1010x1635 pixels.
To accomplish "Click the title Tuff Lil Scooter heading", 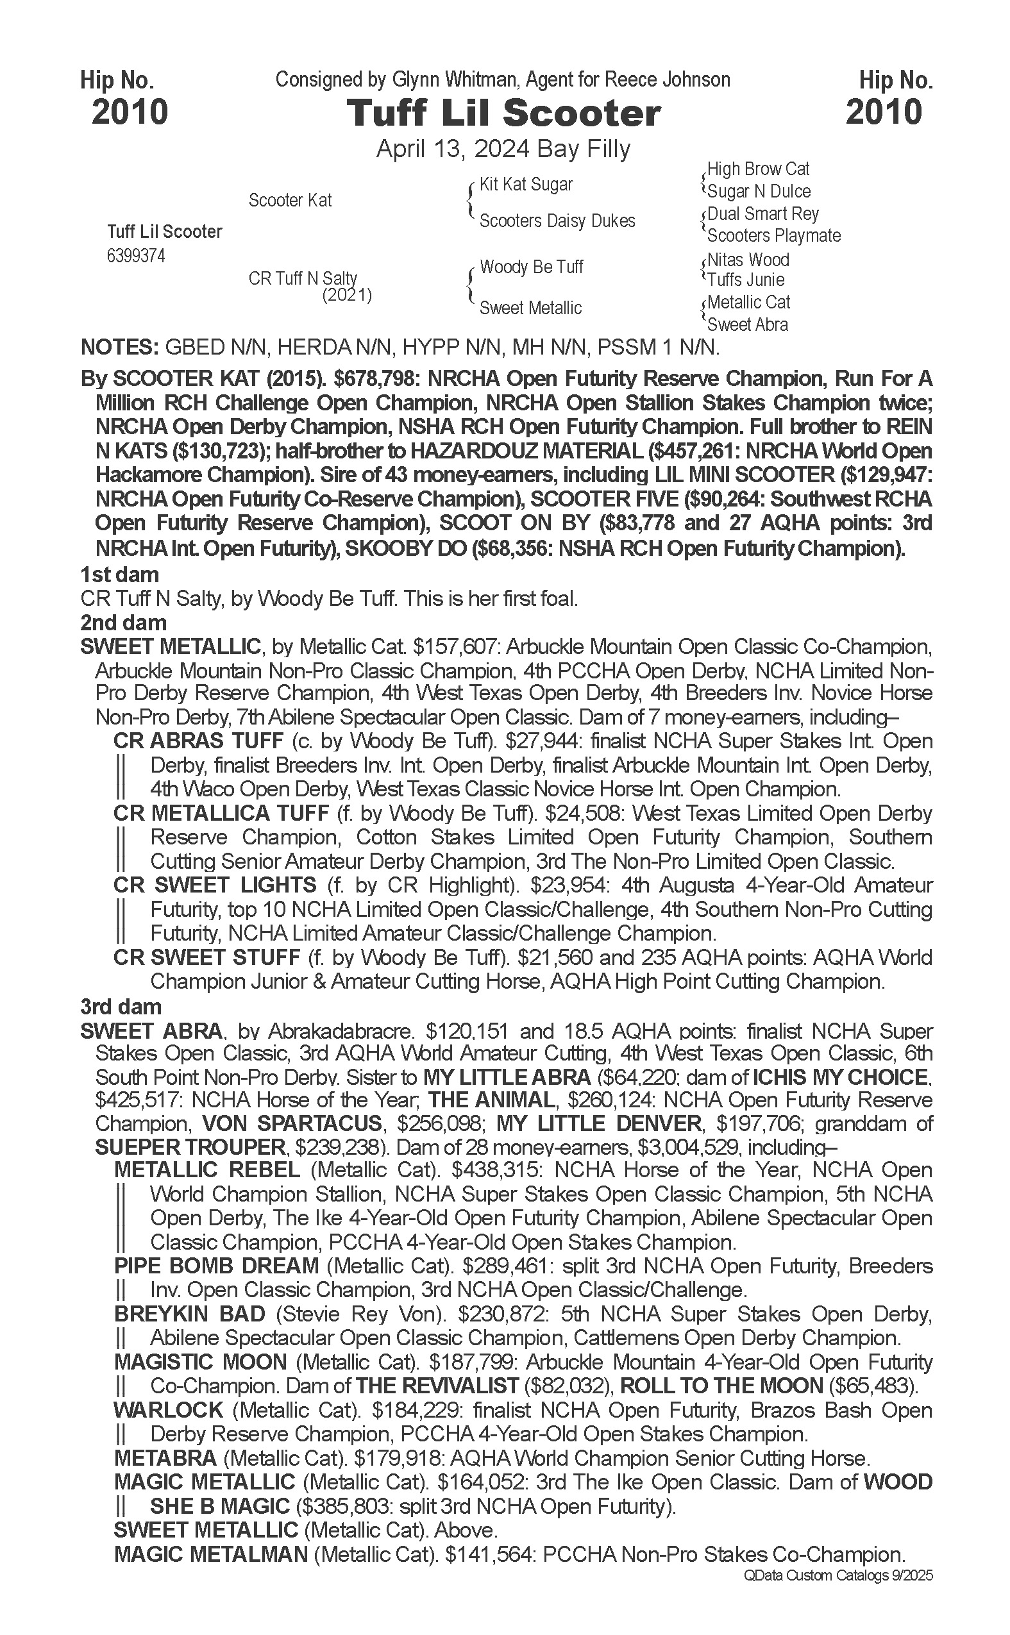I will coord(503,113).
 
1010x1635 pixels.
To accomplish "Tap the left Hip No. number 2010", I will coord(130,112).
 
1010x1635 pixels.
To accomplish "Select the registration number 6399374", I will coord(136,256).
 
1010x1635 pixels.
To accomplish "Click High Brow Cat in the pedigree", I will coord(758,169).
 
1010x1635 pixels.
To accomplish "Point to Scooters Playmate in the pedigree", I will coord(773,236).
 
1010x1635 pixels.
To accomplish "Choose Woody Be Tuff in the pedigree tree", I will coord(531,267).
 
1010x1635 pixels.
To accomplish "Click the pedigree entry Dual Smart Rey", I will coord(763,214).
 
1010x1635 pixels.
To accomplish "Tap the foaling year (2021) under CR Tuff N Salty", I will coord(347,294).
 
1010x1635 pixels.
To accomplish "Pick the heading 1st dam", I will coord(119,574).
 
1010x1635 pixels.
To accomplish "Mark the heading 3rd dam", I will coord(121,1007).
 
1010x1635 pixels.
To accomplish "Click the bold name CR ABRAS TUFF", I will coord(198,741).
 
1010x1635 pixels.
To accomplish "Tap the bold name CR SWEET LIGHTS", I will coord(214,885).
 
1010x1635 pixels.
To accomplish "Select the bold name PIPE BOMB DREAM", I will coord(217,1266).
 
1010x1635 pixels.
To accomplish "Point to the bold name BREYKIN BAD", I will coord(190,1314).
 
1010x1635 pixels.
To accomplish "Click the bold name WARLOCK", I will coord(168,1410).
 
